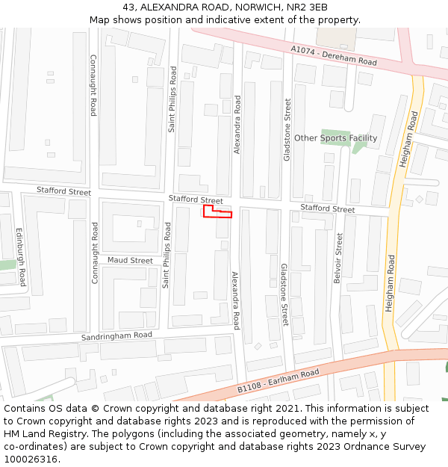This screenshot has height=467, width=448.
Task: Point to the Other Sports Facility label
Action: (x=335, y=138)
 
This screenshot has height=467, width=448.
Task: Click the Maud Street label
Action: (x=130, y=261)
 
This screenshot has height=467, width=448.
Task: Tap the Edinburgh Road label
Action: (x=21, y=257)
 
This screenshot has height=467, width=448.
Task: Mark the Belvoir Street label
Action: (x=339, y=258)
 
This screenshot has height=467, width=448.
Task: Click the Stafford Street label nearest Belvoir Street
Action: (x=327, y=209)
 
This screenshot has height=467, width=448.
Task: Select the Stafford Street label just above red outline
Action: (x=196, y=200)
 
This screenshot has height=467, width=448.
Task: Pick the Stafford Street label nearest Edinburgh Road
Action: (x=63, y=192)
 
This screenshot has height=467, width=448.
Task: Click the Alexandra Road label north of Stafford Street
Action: (x=238, y=125)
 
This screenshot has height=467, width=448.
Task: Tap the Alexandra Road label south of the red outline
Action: (x=235, y=300)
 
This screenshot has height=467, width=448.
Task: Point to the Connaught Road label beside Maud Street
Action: (x=95, y=253)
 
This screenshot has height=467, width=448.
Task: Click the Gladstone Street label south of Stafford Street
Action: (x=284, y=294)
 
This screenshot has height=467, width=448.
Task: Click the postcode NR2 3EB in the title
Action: (x=307, y=7)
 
